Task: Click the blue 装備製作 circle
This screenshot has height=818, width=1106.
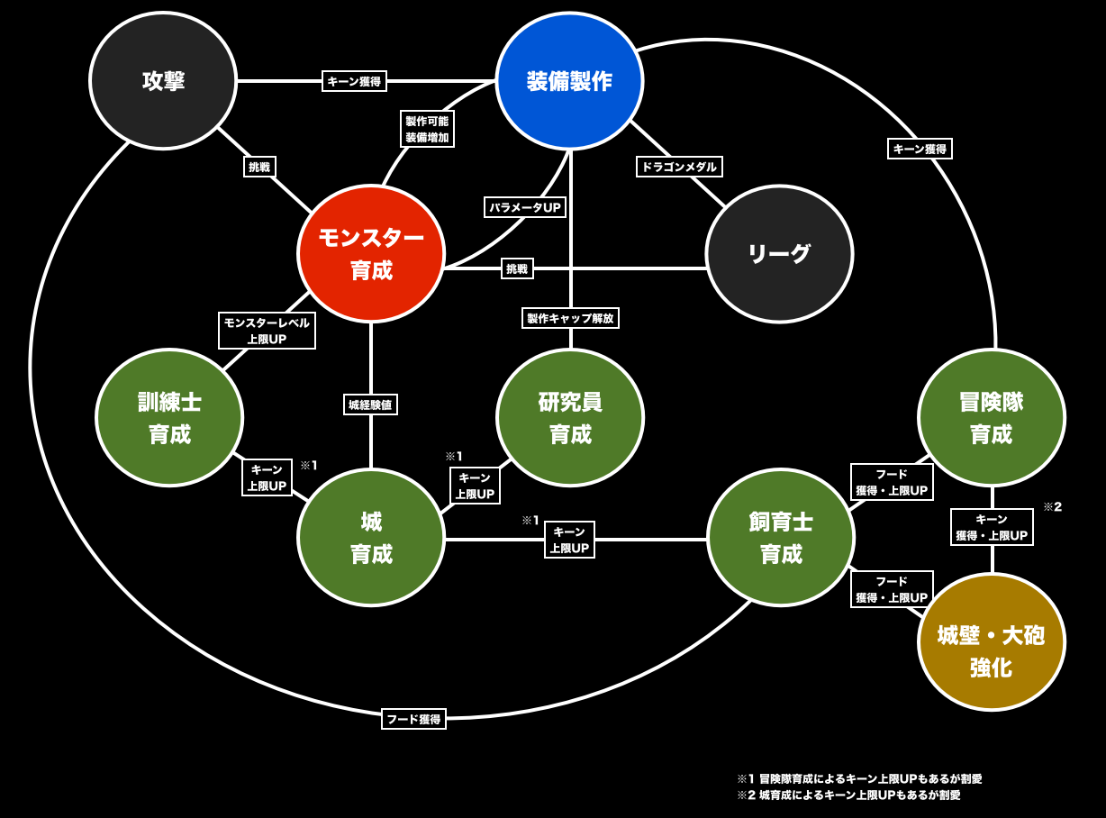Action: (569, 81)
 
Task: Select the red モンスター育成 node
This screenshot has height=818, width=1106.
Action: (371, 254)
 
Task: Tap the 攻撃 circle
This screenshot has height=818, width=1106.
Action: (163, 81)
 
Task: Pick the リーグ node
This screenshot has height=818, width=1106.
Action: (779, 254)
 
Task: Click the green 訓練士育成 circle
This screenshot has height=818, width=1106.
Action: (169, 417)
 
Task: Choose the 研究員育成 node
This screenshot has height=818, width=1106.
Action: (570, 417)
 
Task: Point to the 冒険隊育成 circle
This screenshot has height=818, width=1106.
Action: (991, 417)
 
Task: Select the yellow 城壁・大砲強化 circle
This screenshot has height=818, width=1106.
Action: (991, 641)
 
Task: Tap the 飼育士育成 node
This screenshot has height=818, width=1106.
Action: (781, 537)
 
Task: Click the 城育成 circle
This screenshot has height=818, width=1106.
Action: (371, 537)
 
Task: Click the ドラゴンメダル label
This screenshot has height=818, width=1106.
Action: (679, 167)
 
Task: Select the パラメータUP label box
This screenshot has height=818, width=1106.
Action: (525, 207)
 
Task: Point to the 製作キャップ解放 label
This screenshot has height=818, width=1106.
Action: (570, 318)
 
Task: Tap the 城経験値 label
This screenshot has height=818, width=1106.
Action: (370, 404)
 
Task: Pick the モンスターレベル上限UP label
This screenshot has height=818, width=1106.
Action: (267, 331)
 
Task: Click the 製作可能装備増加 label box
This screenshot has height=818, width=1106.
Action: (427, 129)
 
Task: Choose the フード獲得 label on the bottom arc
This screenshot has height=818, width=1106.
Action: (413, 719)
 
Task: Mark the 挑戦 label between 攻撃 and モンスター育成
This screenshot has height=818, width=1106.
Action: (259, 167)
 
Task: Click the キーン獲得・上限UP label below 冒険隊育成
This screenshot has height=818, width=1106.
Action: (992, 527)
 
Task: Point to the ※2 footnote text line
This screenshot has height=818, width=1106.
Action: (848, 795)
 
